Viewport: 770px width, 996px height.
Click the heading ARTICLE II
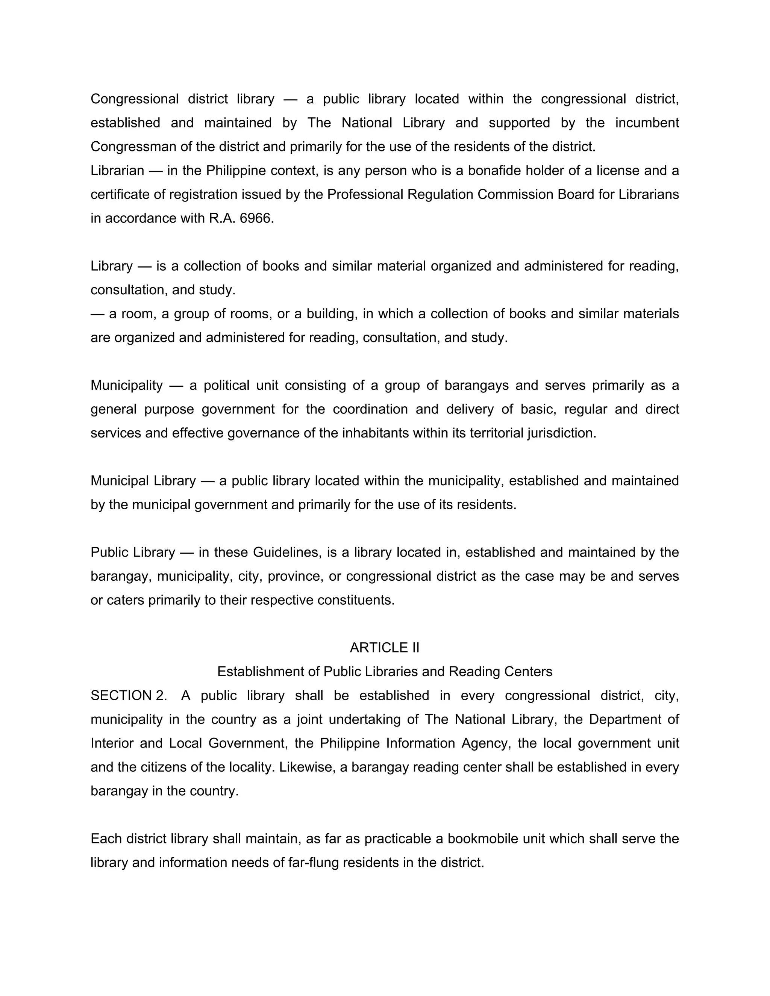point(384,648)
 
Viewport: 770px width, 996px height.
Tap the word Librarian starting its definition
point(117,171)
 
